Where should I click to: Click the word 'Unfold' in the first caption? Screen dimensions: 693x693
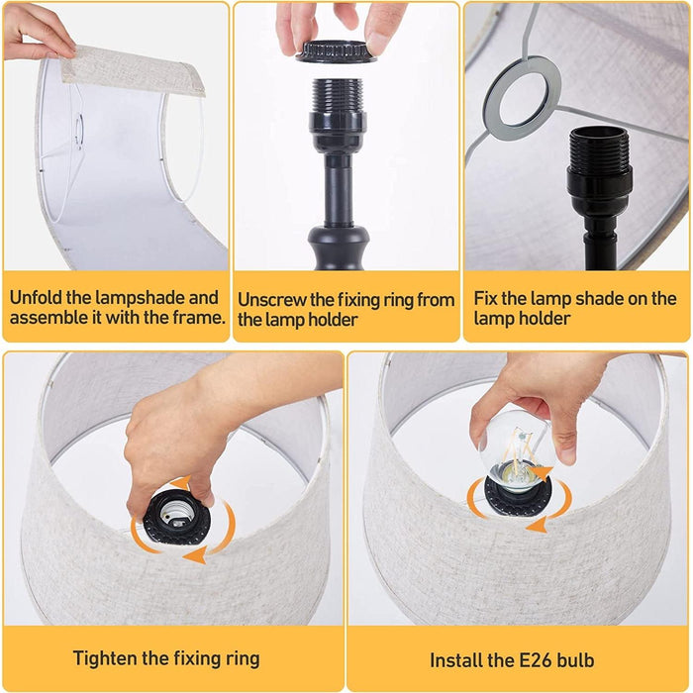37,297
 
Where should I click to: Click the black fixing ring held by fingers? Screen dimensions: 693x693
335,51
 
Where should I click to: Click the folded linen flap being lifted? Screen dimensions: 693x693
133,70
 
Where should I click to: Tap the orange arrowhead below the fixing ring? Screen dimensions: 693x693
195,554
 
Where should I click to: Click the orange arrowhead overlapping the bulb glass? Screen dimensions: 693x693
542,473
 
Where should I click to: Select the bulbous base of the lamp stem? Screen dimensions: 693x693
339,247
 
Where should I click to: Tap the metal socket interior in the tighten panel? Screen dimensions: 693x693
173,514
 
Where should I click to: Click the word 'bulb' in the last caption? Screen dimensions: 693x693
575,660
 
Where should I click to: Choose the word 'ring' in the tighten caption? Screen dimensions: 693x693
243,659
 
